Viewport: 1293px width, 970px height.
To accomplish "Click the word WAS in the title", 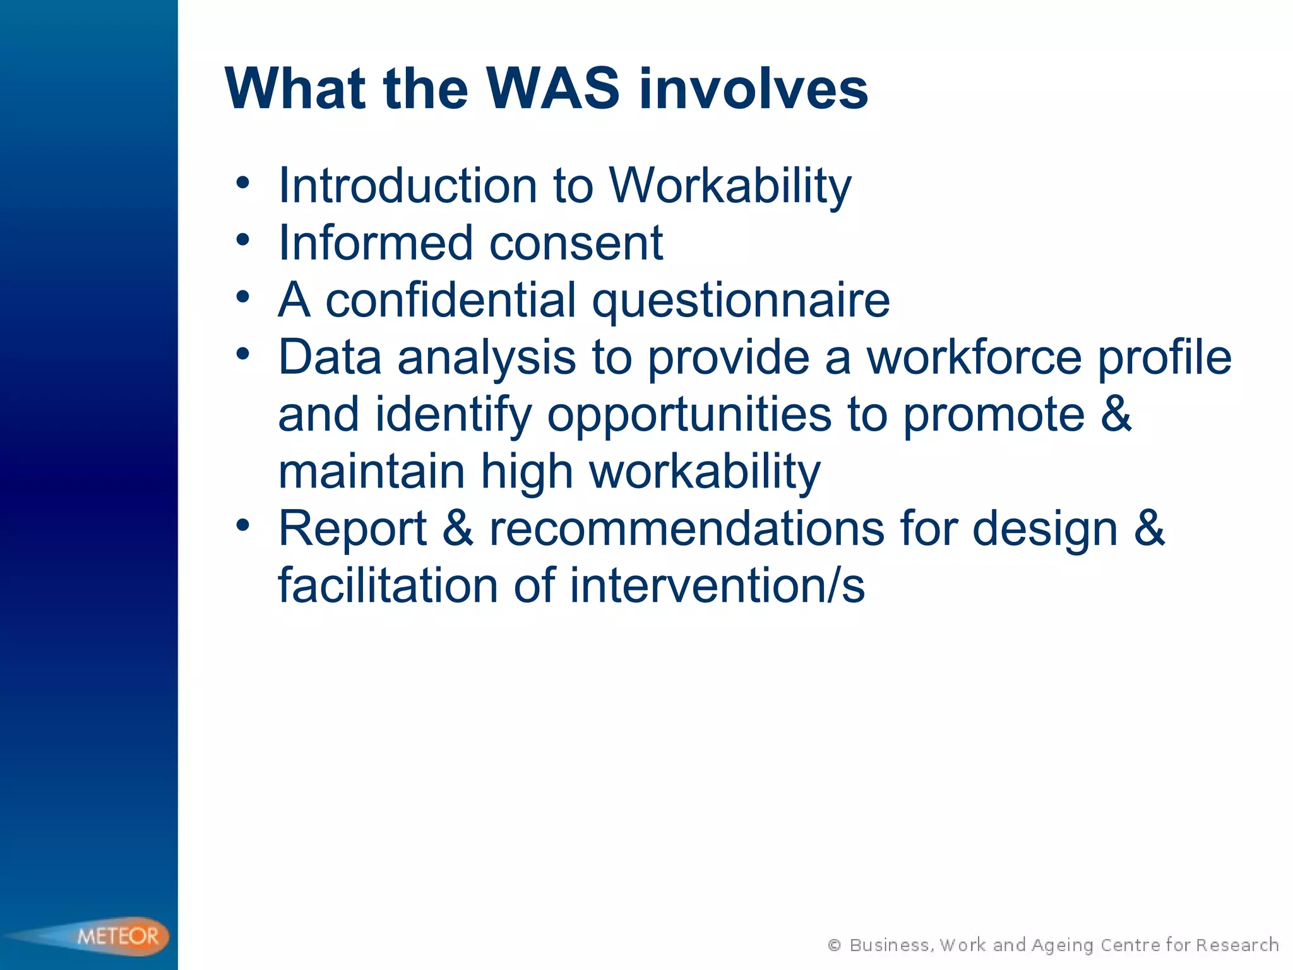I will click(553, 88).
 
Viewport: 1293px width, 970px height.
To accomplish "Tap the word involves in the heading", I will click(754, 88).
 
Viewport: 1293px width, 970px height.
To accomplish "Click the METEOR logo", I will click(117, 935).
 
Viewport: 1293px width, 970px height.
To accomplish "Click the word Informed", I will click(376, 243).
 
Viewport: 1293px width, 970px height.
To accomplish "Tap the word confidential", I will click(451, 300).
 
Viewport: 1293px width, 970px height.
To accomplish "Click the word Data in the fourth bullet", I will click(330, 357).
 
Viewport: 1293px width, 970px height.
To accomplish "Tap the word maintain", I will click(371, 472).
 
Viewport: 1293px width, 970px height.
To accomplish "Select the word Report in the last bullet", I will click(353, 529).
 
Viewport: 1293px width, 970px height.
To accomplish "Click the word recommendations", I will click(687, 529).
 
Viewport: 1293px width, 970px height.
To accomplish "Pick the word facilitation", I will click(388, 585).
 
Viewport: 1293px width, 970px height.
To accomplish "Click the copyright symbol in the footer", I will click(834, 945).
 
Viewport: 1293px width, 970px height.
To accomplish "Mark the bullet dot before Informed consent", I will click(243, 240).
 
